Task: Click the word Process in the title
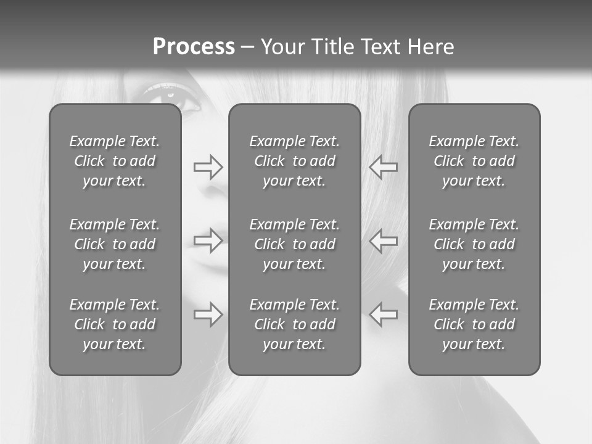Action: (x=194, y=47)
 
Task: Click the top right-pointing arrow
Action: (x=208, y=167)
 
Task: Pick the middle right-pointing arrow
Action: (x=208, y=240)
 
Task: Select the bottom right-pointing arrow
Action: (x=208, y=314)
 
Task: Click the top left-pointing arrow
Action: (x=384, y=167)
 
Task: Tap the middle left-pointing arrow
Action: (x=384, y=240)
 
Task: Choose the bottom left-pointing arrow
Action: (x=384, y=314)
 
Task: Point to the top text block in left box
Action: (x=115, y=161)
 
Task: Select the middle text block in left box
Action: (x=115, y=244)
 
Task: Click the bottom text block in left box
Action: (x=115, y=324)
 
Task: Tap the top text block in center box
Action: (x=295, y=161)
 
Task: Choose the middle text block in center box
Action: (x=295, y=244)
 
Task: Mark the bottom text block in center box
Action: (x=295, y=324)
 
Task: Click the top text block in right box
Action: (x=474, y=161)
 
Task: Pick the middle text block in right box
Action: (x=474, y=244)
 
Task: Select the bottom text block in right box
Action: (x=474, y=324)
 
